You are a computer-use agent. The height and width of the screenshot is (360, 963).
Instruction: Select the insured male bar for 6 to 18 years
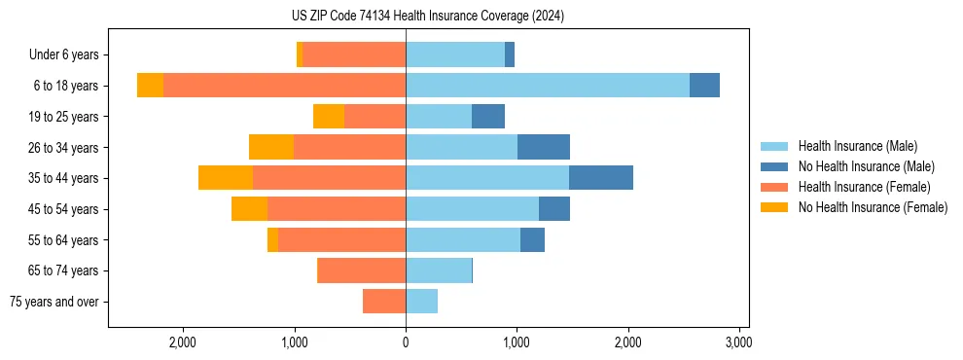pos(547,86)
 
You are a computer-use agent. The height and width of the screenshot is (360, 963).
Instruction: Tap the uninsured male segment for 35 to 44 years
pos(600,178)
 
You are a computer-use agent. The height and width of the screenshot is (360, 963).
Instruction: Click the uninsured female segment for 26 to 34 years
pos(271,147)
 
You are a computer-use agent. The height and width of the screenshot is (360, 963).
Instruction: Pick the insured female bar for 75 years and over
pos(384,302)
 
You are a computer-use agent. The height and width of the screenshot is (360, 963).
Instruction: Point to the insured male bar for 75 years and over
pos(421,302)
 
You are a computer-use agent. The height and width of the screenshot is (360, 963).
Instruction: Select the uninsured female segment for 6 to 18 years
pos(150,86)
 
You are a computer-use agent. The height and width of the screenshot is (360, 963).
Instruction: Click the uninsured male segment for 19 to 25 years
pos(488,117)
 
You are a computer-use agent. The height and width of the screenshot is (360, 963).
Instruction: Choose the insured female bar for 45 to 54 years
pos(337,209)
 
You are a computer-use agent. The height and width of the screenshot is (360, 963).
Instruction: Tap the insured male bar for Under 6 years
pos(455,54)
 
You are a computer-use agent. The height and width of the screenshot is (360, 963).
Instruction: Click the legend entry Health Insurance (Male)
pos(857,146)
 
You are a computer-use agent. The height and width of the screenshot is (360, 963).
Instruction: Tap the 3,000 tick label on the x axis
pos(738,342)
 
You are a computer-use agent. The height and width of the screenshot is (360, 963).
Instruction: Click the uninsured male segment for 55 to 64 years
pos(532,240)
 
